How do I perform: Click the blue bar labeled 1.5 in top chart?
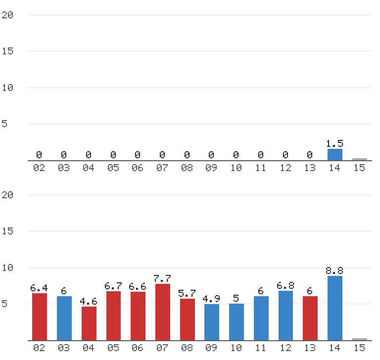[x=335, y=155]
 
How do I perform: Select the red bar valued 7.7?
[x=163, y=312]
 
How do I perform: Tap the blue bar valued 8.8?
[x=335, y=308]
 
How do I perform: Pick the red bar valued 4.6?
[x=89, y=323]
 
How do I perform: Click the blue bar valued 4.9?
[x=212, y=322]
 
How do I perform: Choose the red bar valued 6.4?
[x=40, y=317]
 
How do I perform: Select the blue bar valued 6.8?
[x=285, y=315]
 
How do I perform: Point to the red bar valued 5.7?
[x=188, y=319]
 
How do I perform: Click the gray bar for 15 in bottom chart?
[x=360, y=339]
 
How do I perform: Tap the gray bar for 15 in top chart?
[x=360, y=159]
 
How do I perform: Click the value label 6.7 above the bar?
[x=113, y=286]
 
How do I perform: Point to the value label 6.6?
[x=138, y=287]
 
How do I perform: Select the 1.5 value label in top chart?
[x=334, y=144]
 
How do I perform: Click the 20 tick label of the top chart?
[x=7, y=15]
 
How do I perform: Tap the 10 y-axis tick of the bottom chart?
[x=7, y=268]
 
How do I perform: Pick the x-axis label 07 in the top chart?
[x=162, y=168]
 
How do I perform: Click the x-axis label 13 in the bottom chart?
[x=310, y=348]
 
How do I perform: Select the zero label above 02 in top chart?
[x=39, y=155]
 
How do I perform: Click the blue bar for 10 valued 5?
[x=237, y=322]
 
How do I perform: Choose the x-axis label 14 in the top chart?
[x=334, y=168]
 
